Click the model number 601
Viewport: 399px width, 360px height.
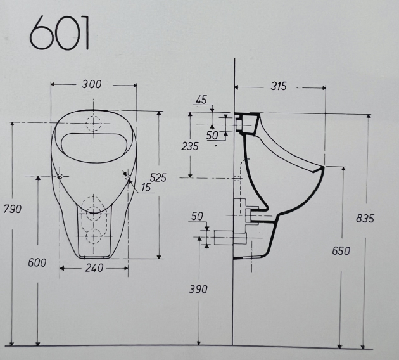59,33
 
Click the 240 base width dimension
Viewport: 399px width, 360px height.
94,268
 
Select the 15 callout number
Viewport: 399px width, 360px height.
146,188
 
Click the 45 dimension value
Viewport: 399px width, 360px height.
201,100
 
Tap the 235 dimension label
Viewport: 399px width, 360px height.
189,146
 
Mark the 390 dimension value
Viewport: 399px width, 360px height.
198,289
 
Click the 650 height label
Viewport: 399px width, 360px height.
341,250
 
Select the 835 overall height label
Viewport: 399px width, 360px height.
365,218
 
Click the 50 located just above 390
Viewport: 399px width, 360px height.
197,216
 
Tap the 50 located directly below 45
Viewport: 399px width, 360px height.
212,135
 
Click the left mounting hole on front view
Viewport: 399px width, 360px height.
59,176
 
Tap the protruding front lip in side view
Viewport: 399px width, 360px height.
322,170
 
